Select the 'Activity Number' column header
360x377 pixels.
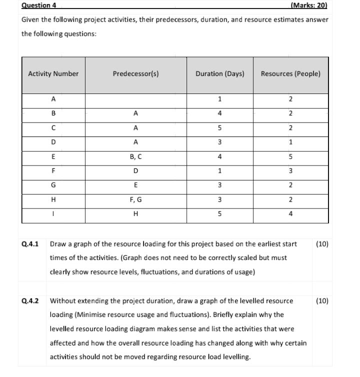[53, 74]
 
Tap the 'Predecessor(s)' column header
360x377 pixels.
[136, 74]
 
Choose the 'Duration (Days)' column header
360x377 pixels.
[219, 74]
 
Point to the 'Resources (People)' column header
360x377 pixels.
[290, 74]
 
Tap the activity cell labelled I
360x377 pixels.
[53, 212]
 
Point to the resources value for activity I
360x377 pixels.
[290, 212]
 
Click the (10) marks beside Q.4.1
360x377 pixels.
[322, 244]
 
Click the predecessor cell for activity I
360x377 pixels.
[136, 212]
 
